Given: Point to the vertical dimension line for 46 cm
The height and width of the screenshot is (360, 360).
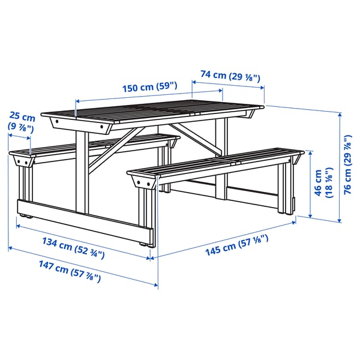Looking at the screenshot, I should pos(310,183).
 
